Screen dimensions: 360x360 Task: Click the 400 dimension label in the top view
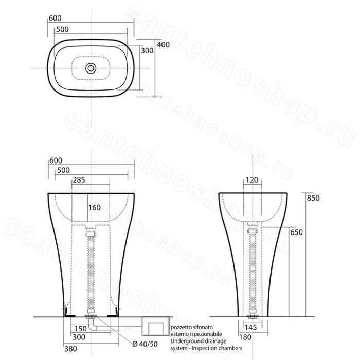163,45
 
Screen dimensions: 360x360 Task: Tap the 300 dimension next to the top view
147,50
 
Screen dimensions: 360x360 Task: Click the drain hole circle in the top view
91,68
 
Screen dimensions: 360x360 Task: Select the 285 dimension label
79,180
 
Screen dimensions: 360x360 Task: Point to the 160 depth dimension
94,208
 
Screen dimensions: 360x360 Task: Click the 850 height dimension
313,198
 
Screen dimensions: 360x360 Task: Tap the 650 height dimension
296,232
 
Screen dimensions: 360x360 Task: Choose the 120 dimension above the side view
252,180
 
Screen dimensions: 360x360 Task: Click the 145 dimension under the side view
250,327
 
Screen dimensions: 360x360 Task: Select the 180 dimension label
245,337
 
